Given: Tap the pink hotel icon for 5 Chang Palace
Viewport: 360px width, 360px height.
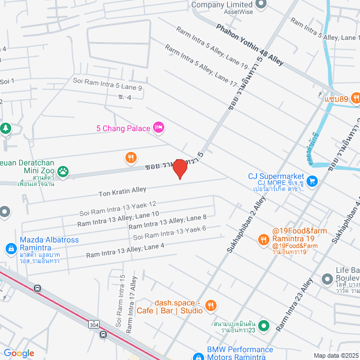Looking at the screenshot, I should (x=159, y=128).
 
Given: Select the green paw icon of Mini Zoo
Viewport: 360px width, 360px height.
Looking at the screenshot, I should (x=64, y=171).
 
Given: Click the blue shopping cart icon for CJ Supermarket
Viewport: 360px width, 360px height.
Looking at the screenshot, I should (x=313, y=181).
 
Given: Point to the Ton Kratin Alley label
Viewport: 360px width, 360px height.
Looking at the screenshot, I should (x=122, y=192).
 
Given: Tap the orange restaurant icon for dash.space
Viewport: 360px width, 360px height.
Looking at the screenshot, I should (x=210, y=305).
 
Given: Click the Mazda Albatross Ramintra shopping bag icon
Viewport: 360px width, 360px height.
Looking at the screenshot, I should (x=10, y=248).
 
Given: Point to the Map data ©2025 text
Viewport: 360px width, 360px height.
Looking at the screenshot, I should (x=335, y=355).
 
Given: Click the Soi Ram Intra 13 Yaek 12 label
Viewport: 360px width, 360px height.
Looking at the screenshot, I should (x=118, y=209).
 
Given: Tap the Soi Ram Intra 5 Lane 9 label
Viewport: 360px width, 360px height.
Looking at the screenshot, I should (x=107, y=84).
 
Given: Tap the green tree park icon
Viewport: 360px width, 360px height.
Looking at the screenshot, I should (x=6, y=129).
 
